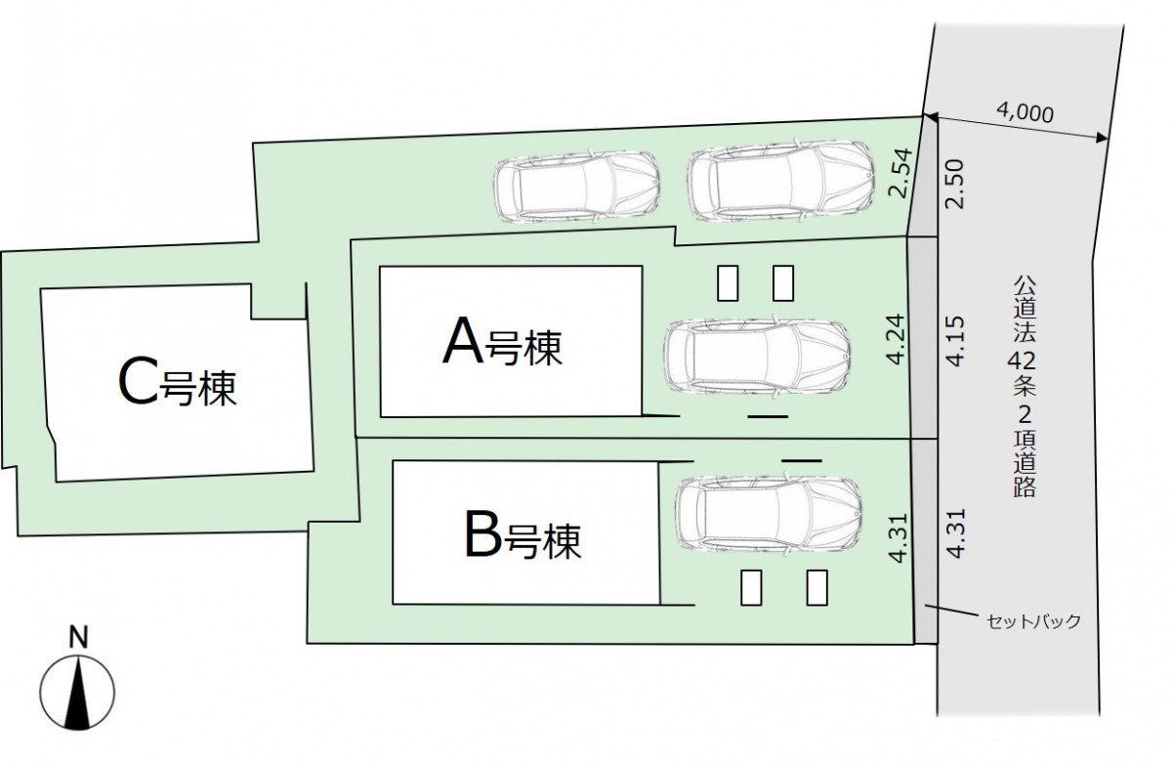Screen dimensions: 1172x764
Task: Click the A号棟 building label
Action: (502, 342)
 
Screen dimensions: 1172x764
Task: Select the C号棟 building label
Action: (178, 382)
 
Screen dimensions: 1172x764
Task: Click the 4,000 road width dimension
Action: (1025, 112)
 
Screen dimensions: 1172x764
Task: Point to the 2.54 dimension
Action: (900, 173)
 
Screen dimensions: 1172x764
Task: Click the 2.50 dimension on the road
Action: (954, 185)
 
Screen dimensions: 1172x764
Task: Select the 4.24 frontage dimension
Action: (896, 339)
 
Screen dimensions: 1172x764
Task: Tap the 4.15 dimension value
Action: (955, 341)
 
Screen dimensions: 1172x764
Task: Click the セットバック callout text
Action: (1033, 621)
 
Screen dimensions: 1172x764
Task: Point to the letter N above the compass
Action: (78, 637)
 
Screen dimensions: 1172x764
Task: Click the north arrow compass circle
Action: (77, 693)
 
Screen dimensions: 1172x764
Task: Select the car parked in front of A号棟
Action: (757, 357)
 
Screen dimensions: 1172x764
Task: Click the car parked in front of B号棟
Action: (769, 513)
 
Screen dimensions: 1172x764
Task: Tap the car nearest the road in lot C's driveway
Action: (780, 181)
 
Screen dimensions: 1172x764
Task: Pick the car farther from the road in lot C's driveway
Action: (576, 188)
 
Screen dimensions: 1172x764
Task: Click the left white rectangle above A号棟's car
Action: (728, 283)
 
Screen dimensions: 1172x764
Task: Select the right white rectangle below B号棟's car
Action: (816, 587)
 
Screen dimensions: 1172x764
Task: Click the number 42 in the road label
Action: (1022, 361)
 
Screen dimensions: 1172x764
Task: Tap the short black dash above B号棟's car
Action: (802, 460)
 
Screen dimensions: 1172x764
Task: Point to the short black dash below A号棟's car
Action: (768, 416)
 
